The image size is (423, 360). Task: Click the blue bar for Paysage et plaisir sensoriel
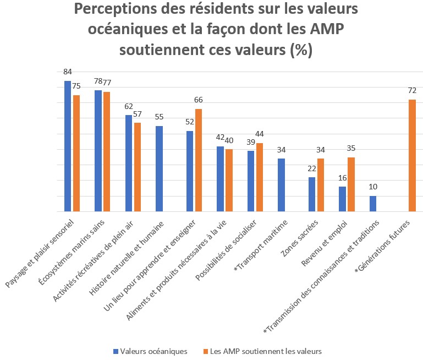pyautogui.click(x=68, y=146)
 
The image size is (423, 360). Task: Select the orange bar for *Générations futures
pyautogui.click(x=412, y=156)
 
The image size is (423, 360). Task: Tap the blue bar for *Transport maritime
pyautogui.click(x=281, y=185)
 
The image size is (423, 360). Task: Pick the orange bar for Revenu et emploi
pyautogui.click(x=351, y=184)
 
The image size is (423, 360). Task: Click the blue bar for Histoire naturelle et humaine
pyautogui.click(x=159, y=169)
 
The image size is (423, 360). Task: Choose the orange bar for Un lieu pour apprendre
pyautogui.click(x=199, y=160)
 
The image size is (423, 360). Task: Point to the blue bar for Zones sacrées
pyautogui.click(x=312, y=194)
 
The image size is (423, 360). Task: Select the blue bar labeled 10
pyautogui.click(x=372, y=204)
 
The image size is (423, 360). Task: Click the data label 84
pyautogui.click(x=68, y=72)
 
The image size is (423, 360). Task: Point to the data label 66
pyautogui.click(x=199, y=100)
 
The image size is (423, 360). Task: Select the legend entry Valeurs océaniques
pyautogui.click(x=151, y=351)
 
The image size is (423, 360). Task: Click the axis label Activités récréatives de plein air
pyautogui.click(x=94, y=261)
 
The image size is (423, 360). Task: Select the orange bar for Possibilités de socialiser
pyautogui.click(x=260, y=177)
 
